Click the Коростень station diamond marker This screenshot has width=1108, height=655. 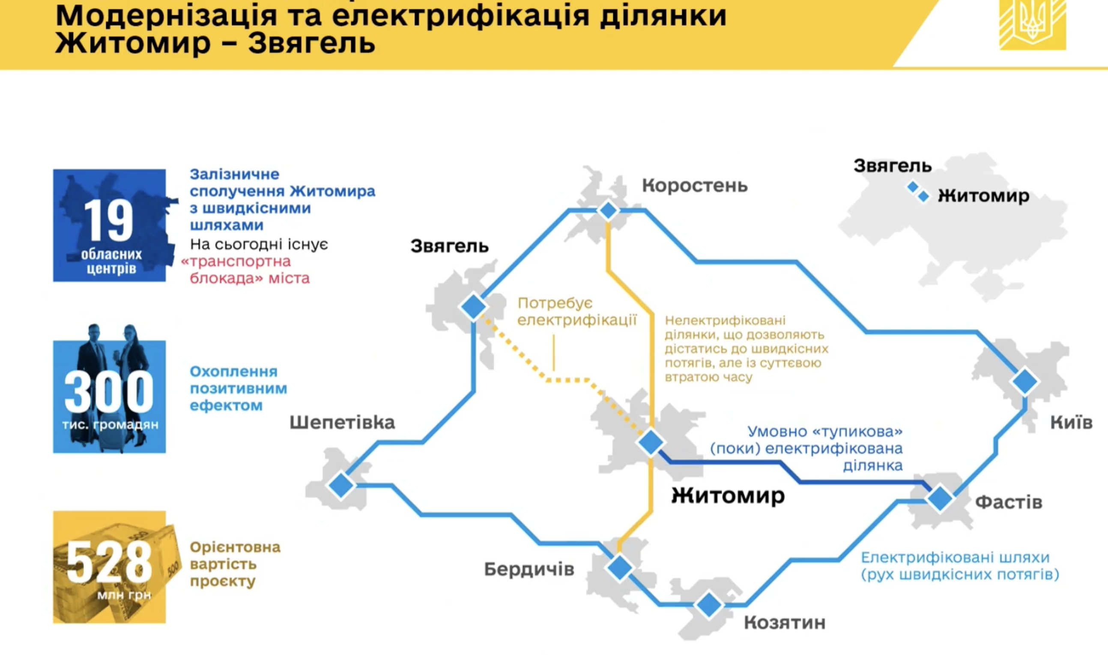point(608,210)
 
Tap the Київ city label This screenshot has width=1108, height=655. point(1071,422)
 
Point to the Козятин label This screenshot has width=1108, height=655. point(785,623)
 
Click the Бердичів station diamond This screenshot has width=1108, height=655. point(620,568)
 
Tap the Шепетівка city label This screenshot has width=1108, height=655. point(342,422)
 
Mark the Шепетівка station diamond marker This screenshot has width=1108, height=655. point(341,485)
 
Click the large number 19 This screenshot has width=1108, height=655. point(109,220)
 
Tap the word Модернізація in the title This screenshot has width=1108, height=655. point(167,16)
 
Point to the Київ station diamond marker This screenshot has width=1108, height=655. point(1025,381)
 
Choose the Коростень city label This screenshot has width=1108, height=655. point(695,186)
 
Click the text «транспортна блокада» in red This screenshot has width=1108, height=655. point(245,270)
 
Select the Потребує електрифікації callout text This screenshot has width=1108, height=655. point(577,311)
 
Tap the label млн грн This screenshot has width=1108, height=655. point(124,595)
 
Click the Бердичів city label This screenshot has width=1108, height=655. point(529,569)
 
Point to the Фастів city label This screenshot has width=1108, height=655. point(1009,502)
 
